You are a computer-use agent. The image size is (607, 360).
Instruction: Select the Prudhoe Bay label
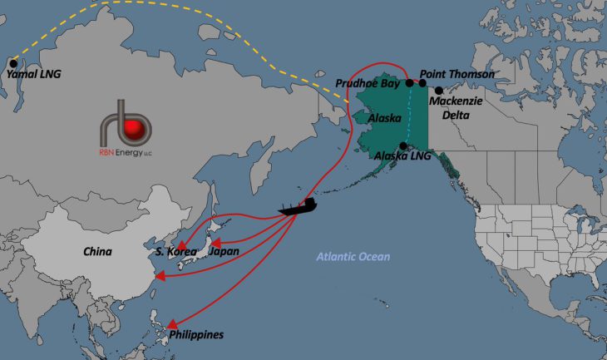pyautogui.click(x=368, y=83)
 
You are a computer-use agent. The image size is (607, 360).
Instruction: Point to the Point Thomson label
pyautogui.click(x=457, y=74)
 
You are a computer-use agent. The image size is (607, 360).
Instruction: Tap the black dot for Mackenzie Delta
pyautogui.click(x=438, y=90)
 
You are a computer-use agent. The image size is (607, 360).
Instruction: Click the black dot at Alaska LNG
pyautogui.click(x=403, y=145)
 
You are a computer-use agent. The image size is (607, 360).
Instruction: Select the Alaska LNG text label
pyautogui.click(x=402, y=155)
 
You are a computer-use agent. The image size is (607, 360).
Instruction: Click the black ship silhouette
pyautogui.click(x=301, y=206)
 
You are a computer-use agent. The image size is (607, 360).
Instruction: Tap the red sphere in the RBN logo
pyautogui.click(x=133, y=130)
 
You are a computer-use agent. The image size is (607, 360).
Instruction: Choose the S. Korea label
pyautogui.click(x=175, y=251)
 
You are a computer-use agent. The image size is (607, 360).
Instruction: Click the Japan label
pyautogui.click(x=225, y=250)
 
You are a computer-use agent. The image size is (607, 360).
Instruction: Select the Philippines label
pyautogui.click(x=196, y=334)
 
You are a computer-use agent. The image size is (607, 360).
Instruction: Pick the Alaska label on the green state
pyautogui.click(x=385, y=118)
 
